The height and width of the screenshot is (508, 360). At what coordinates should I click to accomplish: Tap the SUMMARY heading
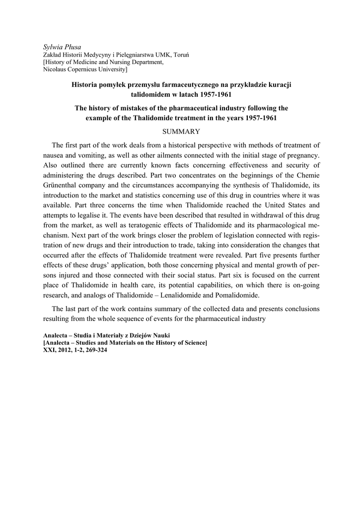[x=181, y=131]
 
